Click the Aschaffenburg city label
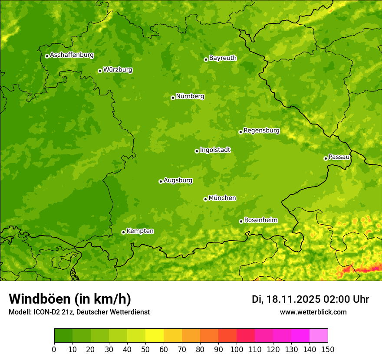72,55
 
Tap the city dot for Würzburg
100,71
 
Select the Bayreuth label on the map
223,58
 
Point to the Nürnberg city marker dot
173,98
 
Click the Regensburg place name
261,131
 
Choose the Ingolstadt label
215,150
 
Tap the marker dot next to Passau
326,158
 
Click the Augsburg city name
178,180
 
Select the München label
222,198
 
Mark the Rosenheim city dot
241,221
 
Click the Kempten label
140,231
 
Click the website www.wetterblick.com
313,312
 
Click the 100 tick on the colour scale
237,349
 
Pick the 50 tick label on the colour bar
145,349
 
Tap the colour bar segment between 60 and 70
173,336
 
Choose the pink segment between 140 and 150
319,336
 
